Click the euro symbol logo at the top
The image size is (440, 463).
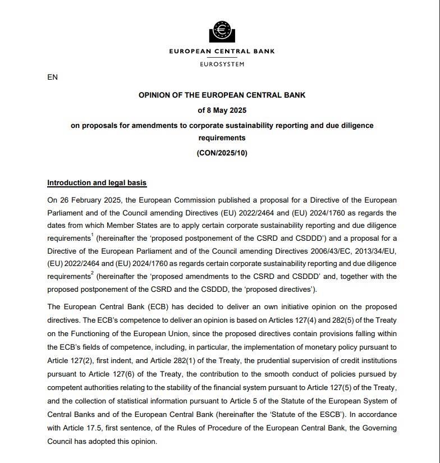click(222, 31)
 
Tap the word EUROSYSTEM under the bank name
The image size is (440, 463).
click(222, 65)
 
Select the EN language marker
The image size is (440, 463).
click(52, 77)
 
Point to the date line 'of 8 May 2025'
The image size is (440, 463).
click(222, 110)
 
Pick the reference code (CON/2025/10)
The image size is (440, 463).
click(222, 153)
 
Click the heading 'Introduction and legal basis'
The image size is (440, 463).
click(97, 183)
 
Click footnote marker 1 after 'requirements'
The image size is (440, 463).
click(92, 235)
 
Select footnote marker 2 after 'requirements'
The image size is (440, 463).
click(92, 273)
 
